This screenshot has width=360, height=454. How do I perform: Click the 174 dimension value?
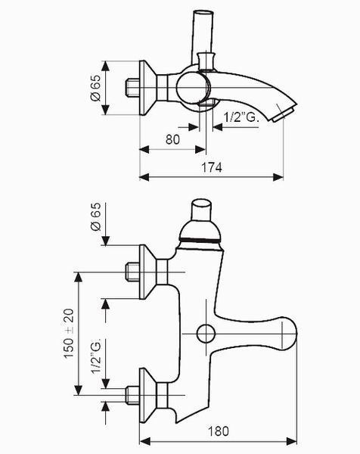tap(212, 168)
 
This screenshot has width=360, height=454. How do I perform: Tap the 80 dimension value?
tap(172, 139)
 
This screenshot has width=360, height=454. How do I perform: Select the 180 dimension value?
tap(219, 431)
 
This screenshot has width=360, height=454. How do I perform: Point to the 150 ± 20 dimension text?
tap(69, 334)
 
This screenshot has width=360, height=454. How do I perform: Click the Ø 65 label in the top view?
tap(96, 88)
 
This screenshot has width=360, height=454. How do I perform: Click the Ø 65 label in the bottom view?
tap(96, 216)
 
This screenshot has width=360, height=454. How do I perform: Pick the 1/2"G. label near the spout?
tap(241, 117)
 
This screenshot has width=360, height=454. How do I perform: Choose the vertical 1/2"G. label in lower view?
tap(96, 356)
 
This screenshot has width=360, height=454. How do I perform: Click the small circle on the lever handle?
tap(206, 334)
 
